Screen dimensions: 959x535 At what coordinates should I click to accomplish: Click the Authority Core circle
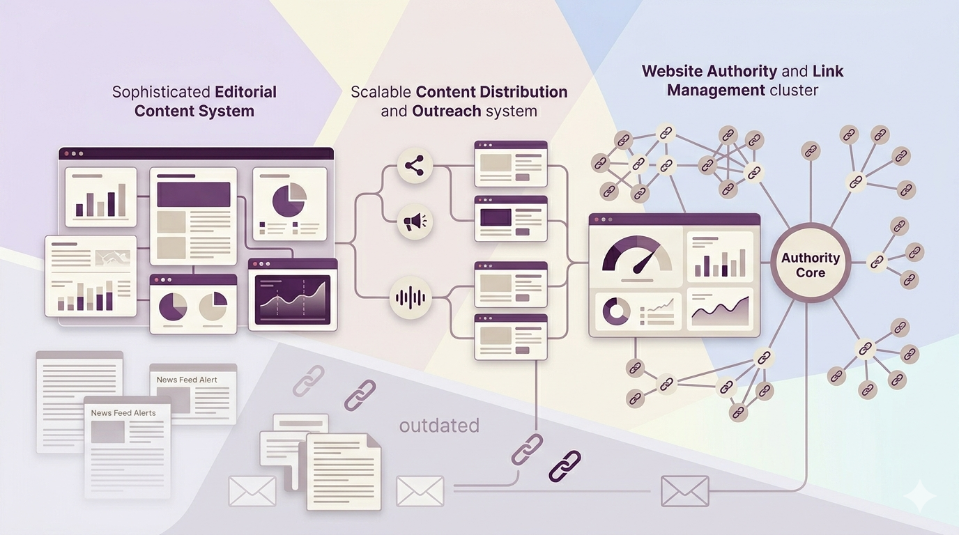(x=810, y=263)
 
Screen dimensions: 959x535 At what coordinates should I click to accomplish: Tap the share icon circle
(x=415, y=165)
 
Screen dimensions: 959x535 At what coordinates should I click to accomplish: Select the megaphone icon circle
(x=415, y=222)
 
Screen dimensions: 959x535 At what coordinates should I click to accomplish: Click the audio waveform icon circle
(x=410, y=297)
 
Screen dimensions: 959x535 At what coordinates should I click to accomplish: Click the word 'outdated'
(x=439, y=426)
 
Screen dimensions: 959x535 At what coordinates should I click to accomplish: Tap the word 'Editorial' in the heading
(x=245, y=91)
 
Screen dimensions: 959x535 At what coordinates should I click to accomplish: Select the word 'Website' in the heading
(x=672, y=70)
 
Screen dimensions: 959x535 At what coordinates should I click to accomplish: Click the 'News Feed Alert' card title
(x=187, y=380)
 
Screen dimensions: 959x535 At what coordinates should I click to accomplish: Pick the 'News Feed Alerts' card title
(x=123, y=413)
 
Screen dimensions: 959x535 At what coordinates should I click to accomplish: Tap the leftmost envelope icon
(x=252, y=491)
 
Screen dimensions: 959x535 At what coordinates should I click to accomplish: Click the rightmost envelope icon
(x=685, y=491)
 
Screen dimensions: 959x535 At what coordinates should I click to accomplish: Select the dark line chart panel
(x=293, y=300)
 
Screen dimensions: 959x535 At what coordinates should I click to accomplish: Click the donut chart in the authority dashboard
(x=616, y=311)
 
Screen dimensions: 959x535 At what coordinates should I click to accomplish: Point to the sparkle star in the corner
(x=920, y=496)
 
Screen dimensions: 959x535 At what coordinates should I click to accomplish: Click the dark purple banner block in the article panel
(x=194, y=194)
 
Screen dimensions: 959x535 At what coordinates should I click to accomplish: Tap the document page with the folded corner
(x=344, y=472)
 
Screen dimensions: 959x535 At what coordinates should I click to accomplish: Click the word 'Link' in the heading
(x=828, y=70)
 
